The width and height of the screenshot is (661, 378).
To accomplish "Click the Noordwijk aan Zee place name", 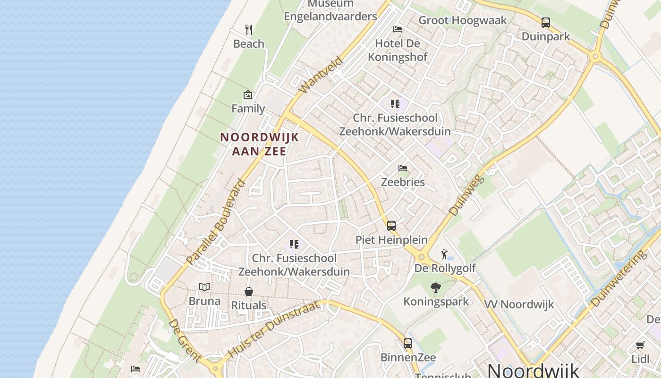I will [260, 144].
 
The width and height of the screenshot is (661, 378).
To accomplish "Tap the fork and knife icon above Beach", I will [249, 30].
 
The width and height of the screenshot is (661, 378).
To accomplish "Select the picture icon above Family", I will [248, 94].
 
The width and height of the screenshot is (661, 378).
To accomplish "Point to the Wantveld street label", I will [321, 75].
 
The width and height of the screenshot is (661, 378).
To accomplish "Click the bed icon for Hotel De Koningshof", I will [398, 29].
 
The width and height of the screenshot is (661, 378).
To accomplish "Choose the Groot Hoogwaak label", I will [463, 20].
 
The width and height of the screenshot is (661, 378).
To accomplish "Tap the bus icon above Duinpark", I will [546, 22].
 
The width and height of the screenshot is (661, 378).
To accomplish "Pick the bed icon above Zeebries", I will [403, 168].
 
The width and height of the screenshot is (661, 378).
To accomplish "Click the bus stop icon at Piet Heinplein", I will [391, 226].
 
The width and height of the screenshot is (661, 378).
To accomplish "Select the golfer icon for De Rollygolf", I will [444, 255].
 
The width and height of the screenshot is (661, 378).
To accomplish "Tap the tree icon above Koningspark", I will [436, 287].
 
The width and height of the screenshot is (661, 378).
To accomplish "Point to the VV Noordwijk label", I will [519, 304].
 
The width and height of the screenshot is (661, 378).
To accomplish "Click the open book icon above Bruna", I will [204, 287].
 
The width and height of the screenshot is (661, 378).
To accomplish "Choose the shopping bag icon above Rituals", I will [249, 292].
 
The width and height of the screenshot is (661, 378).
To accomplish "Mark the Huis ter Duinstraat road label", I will [274, 329].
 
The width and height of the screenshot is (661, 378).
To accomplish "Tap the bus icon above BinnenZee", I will [408, 344].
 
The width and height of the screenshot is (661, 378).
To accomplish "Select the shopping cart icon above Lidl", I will [640, 345].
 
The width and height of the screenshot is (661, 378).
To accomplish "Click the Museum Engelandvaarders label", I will [330, 10].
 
